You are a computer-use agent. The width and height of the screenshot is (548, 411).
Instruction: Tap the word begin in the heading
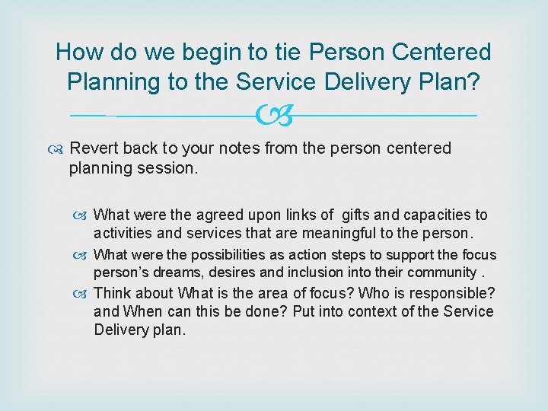[x=209, y=53]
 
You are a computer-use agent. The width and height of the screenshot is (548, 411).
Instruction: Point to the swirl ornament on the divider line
[x=273, y=116]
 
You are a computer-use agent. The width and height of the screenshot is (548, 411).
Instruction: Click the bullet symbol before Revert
[x=59, y=148]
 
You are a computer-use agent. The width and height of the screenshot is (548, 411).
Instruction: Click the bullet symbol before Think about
[x=84, y=293]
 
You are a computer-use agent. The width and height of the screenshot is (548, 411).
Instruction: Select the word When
[x=144, y=311]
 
